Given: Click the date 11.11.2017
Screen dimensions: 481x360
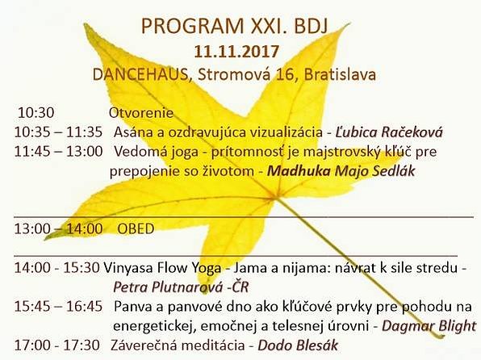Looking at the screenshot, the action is (x=236, y=51).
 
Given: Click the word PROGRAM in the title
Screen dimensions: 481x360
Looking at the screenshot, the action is (x=192, y=26).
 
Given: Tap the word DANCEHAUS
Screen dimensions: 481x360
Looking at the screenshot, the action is (x=140, y=74).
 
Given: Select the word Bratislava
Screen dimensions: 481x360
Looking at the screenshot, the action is (x=341, y=74).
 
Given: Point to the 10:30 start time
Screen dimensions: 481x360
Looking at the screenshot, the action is (x=36, y=113).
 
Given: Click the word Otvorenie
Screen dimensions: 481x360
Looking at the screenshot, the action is (x=141, y=113).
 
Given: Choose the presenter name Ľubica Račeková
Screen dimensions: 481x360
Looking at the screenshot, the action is (x=389, y=132).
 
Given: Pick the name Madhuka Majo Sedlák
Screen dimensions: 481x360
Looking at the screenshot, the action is (x=341, y=171).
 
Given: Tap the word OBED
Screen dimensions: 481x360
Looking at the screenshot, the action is (x=136, y=229).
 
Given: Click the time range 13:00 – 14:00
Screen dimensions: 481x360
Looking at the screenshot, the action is (x=58, y=229).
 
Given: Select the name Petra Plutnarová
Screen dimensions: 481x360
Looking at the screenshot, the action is (x=168, y=287).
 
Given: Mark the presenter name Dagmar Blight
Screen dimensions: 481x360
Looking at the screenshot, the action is (x=429, y=326).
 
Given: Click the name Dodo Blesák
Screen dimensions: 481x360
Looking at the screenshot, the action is (x=298, y=345).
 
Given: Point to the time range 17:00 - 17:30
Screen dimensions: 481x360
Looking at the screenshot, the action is (x=56, y=345).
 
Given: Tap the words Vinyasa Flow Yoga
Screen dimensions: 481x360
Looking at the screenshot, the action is (x=162, y=268).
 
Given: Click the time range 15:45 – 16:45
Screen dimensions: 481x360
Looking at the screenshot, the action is (x=58, y=307).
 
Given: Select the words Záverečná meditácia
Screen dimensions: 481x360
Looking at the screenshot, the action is (x=178, y=345).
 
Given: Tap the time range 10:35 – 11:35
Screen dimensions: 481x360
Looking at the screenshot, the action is (x=58, y=132).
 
